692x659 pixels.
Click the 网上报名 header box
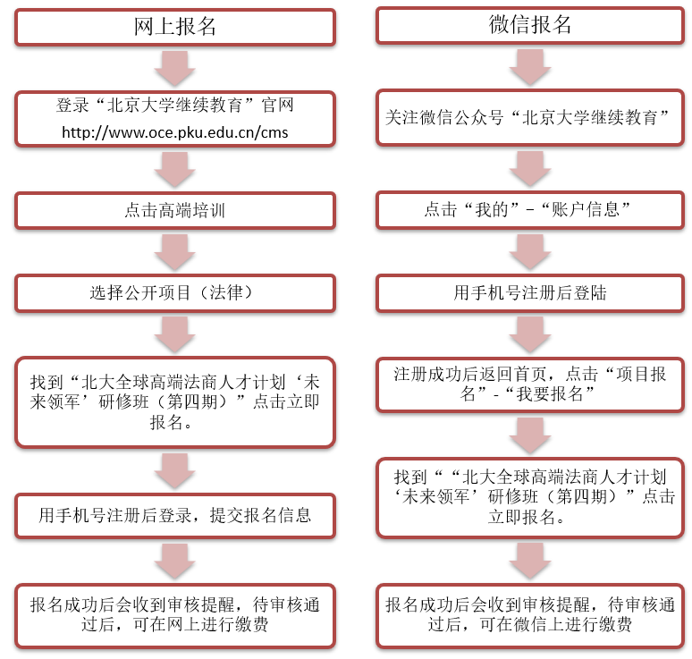(175, 27)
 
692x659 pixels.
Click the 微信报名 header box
(531, 25)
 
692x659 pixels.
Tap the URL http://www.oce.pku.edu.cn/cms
(175, 132)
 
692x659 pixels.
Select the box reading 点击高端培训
(175, 211)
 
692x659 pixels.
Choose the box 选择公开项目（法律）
(175, 292)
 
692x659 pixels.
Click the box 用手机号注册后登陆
(531, 292)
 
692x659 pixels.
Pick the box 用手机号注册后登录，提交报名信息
(175, 515)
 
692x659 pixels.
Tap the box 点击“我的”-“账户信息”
(531, 211)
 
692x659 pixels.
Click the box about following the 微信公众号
(531, 117)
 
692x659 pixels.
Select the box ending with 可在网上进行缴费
(175, 614)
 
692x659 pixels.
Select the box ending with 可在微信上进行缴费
(531, 614)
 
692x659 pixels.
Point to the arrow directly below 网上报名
(175, 68)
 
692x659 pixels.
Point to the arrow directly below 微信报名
(531, 67)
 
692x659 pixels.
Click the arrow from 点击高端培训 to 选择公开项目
(175, 251)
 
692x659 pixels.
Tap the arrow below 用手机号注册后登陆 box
(531, 333)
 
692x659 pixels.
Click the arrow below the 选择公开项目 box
(175, 333)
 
